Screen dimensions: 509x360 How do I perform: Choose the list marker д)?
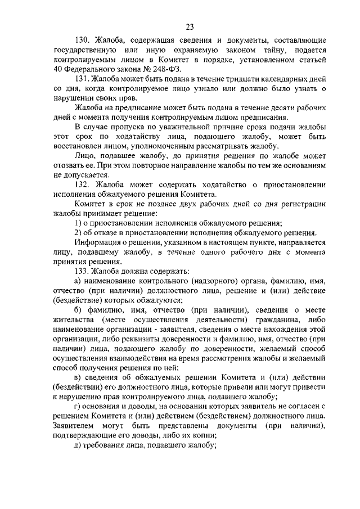point(78,446)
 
